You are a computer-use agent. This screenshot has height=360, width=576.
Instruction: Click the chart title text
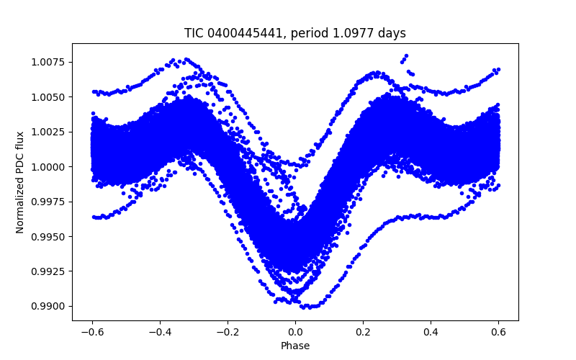point(295,33)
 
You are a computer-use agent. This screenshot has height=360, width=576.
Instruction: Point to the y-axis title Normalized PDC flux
point(20,181)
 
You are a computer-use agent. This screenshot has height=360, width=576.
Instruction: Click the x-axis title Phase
point(295,346)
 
